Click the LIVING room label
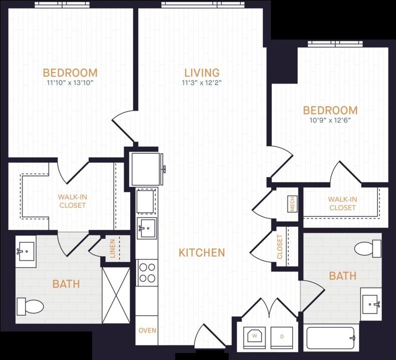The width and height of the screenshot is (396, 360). (202, 73)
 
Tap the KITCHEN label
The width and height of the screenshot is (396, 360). (202, 253)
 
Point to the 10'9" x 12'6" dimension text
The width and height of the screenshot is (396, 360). (330, 120)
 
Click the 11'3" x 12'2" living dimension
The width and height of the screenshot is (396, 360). (202, 83)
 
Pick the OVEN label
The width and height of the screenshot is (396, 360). (148, 330)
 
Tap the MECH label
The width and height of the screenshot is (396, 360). (292, 204)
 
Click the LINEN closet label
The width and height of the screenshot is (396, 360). (112, 248)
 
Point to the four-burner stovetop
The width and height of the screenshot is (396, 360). (147, 272)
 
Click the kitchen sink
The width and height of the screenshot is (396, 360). (147, 228)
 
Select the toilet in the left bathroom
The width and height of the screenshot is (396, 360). (30, 306)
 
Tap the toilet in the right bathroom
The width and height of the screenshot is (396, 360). (367, 248)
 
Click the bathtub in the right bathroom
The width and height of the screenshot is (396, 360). (330, 338)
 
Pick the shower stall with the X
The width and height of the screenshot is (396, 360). (116, 295)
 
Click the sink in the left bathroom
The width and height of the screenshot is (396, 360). (26, 251)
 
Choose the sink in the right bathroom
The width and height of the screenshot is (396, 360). (371, 304)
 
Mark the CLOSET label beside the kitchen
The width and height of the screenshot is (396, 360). (279, 246)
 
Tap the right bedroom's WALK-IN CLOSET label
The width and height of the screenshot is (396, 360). (342, 203)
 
